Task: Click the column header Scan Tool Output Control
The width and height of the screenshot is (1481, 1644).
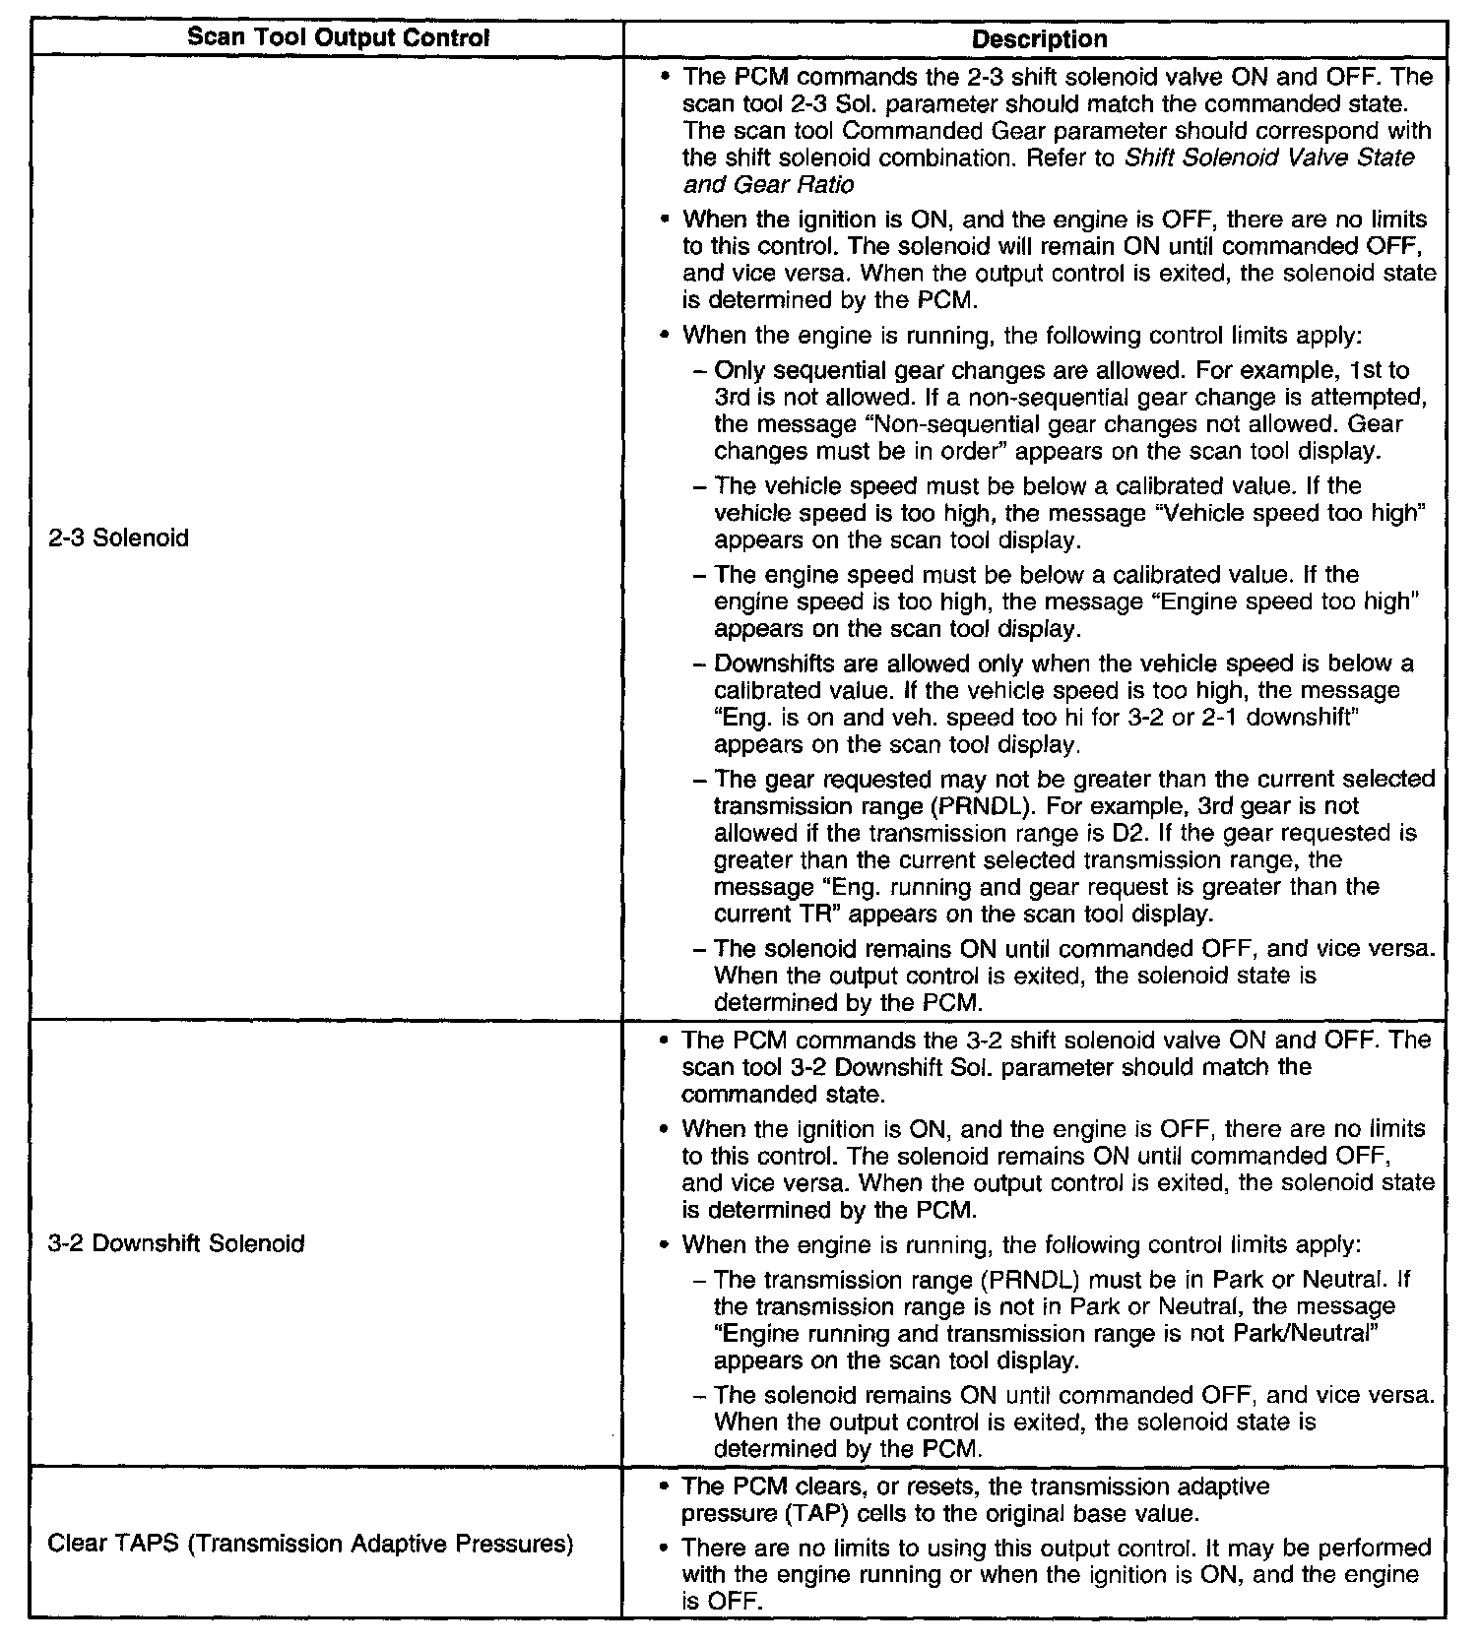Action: [338, 38]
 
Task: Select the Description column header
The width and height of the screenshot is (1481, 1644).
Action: [1039, 38]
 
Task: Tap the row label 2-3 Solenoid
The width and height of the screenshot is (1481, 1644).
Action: [118, 538]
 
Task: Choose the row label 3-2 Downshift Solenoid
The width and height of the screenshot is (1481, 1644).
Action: [176, 1243]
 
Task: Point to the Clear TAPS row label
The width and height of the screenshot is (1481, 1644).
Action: [310, 1543]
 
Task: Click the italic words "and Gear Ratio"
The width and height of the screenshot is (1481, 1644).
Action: [769, 184]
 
